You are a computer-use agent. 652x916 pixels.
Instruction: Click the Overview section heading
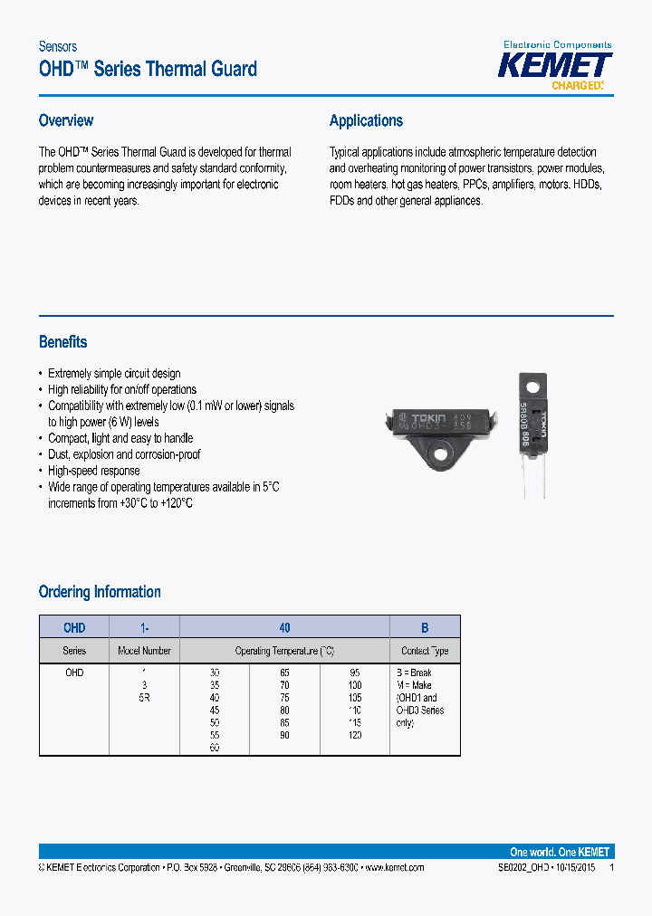point(66,120)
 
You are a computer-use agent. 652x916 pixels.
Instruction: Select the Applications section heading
point(366,120)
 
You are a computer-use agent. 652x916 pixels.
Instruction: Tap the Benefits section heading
point(62,342)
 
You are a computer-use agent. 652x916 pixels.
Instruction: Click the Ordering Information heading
point(100,592)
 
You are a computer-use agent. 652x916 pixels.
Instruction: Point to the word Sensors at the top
point(57,46)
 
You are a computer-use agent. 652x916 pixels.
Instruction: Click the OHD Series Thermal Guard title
point(148,69)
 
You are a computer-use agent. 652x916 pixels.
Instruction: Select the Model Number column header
point(144,651)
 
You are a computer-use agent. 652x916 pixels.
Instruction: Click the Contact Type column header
point(425,651)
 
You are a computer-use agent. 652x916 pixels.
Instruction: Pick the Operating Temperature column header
point(284,651)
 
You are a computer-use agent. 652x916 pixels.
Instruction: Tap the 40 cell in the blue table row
point(284,627)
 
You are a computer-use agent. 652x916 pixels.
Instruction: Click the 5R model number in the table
point(144,698)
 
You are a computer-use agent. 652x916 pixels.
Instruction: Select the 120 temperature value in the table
point(355,736)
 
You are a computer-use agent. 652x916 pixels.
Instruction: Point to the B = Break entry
point(414,673)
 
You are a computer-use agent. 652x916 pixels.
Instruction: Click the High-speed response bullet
point(93,471)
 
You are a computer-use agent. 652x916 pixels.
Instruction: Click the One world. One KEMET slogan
point(560,852)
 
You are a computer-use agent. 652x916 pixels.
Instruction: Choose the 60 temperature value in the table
point(215,749)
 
